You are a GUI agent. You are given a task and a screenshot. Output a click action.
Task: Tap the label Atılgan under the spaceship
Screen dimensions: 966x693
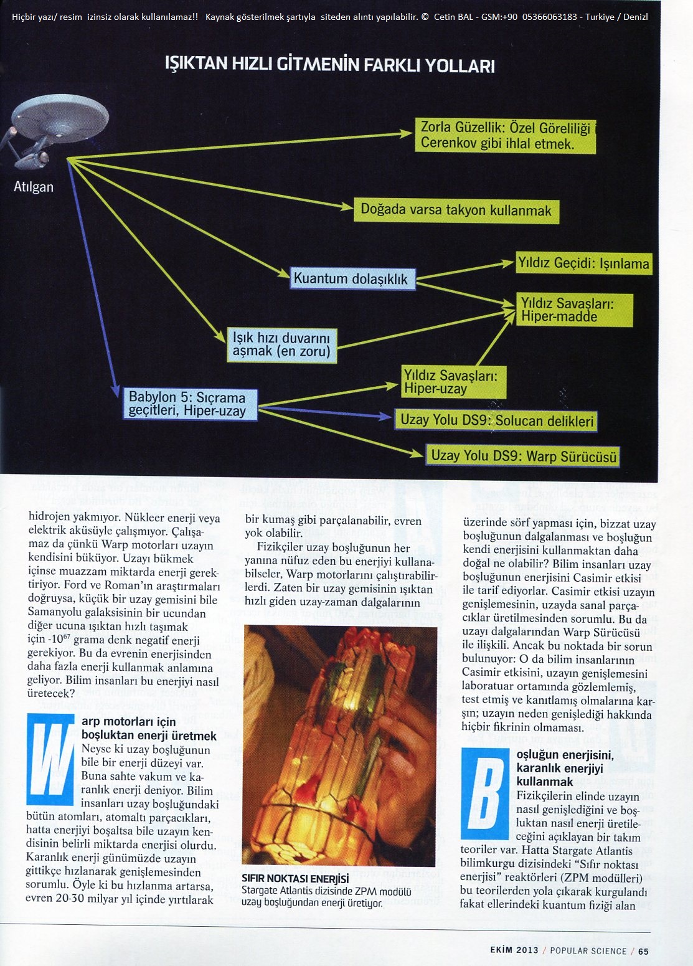click(34, 187)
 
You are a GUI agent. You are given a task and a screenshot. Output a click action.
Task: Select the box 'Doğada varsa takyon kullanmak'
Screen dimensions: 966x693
click(456, 211)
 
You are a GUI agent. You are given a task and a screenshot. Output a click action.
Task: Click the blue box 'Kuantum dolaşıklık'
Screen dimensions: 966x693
click(352, 278)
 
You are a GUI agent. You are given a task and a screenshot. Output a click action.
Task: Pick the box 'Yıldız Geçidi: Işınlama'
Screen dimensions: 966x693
click(583, 263)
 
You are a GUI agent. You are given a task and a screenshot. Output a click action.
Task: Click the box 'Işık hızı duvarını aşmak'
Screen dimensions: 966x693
click(281, 345)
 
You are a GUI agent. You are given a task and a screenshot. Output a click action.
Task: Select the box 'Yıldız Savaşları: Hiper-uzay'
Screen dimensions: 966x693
click(453, 382)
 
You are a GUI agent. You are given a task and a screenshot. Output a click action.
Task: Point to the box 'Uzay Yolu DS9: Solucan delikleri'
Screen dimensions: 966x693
click(496, 420)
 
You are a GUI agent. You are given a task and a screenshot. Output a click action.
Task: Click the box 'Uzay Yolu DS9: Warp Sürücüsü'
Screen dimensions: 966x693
click(523, 456)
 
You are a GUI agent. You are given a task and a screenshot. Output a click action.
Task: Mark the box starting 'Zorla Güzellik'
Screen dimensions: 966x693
click(505, 136)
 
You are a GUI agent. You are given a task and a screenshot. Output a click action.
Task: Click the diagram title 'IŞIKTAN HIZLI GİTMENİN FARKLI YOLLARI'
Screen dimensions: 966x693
click(329, 65)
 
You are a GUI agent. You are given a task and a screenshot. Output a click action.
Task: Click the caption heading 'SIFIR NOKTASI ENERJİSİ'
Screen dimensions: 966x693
click(295, 879)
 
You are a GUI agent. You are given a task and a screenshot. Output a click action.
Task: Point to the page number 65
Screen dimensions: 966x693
click(643, 951)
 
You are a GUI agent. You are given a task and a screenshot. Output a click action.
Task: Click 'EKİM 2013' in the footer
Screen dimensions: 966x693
click(514, 951)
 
